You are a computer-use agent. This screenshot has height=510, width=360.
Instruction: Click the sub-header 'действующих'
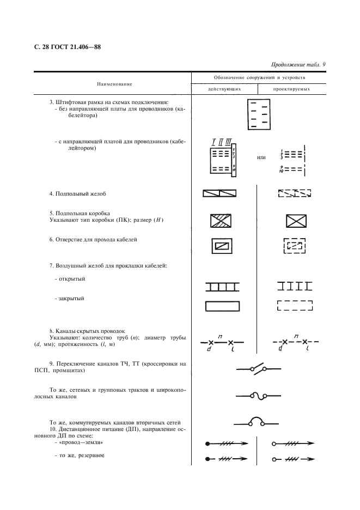pyautogui.click(x=223, y=89)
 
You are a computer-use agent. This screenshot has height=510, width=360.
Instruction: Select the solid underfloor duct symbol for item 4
pyautogui.click(x=219, y=193)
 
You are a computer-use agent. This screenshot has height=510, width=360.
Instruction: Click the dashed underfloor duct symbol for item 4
pyautogui.click(x=294, y=193)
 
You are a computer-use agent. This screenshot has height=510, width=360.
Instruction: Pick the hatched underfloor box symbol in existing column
pyautogui.click(x=221, y=221)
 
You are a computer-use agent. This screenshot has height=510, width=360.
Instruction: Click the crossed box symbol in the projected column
pyautogui.click(x=295, y=221)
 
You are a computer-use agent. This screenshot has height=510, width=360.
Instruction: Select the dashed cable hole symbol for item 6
pyautogui.click(x=295, y=246)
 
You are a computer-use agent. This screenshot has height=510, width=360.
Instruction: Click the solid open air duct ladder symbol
pyautogui.click(x=222, y=286)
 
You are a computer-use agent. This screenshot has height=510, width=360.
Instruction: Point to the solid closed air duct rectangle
pyautogui.click(x=222, y=306)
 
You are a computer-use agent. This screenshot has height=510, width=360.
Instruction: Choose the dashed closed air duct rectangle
pyautogui.click(x=295, y=306)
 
